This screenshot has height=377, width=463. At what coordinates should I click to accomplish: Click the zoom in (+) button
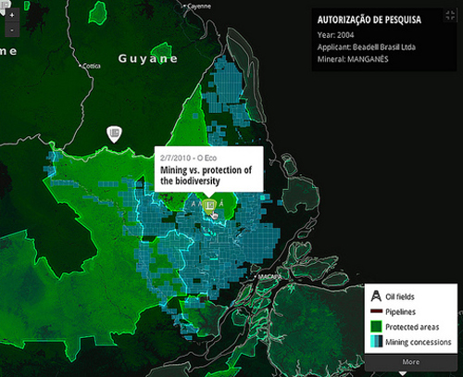9,15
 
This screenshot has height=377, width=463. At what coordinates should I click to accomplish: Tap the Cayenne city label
197,6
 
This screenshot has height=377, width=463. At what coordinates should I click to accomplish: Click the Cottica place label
92,66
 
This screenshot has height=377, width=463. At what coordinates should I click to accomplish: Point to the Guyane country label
148,58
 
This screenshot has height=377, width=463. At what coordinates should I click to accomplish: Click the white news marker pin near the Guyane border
114,135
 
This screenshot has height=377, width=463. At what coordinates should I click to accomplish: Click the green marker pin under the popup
210,205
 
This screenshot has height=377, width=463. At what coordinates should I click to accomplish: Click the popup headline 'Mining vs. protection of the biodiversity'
206,176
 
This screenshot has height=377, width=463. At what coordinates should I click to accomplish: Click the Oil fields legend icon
378,296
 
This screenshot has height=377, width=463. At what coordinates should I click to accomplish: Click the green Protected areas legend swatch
378,327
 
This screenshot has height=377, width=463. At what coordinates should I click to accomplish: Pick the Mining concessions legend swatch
378,343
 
